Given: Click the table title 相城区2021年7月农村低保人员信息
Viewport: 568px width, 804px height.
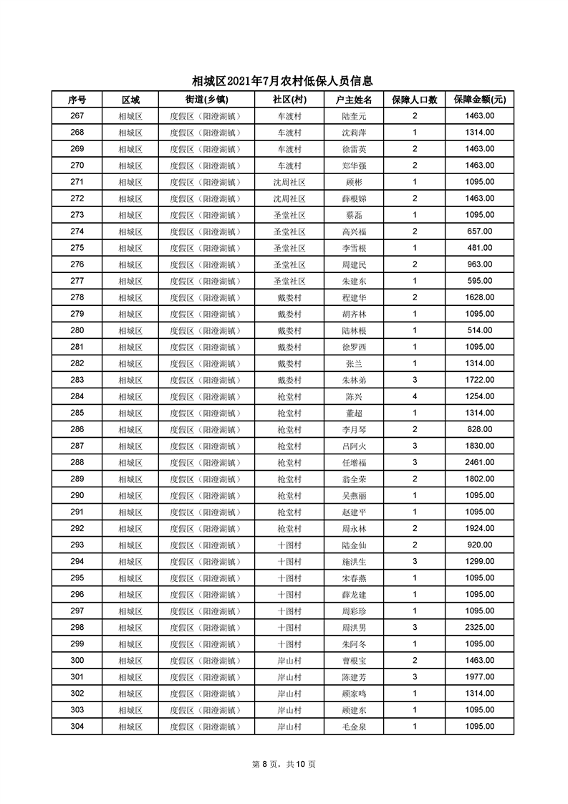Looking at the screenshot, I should [x=283, y=82].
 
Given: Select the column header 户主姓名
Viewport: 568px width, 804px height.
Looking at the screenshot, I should [x=354, y=99].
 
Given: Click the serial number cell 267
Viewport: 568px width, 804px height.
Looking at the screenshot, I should [x=77, y=115].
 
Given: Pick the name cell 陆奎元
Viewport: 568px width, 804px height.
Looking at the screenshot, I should [x=354, y=115].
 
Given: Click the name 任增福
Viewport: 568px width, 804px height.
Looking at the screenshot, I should [x=354, y=462].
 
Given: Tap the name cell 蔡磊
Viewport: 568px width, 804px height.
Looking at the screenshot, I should [x=354, y=215].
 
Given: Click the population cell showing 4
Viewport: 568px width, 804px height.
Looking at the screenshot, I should [x=415, y=396].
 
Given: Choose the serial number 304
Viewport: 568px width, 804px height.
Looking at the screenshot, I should [x=77, y=726].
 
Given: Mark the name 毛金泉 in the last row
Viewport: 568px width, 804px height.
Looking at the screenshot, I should [x=354, y=726].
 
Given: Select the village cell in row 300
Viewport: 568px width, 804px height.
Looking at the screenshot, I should [x=289, y=660].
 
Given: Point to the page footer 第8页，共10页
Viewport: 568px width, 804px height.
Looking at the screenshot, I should [x=284, y=764].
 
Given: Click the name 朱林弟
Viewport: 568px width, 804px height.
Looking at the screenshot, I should [x=354, y=380].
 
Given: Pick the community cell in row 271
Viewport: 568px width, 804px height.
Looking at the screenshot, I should [x=289, y=182].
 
